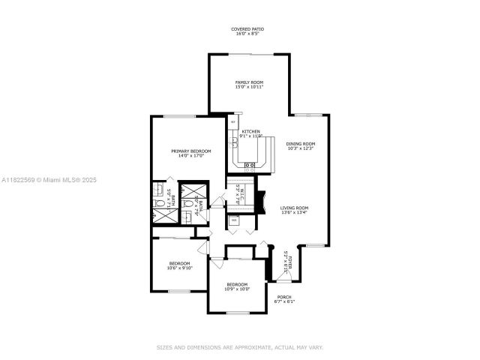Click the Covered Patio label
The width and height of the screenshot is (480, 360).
click(x=247, y=31)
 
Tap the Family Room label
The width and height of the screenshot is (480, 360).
click(x=247, y=84)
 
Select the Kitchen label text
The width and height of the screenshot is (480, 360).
click(x=250, y=133)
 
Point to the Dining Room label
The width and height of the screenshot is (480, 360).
click(x=301, y=146)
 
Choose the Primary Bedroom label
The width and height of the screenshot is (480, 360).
click(x=190, y=153)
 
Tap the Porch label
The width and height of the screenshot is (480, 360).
click(x=286, y=299)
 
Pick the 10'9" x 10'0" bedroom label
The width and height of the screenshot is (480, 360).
click(x=237, y=286)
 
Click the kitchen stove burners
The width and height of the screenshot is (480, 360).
click(x=250, y=165)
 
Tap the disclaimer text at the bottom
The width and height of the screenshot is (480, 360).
click(x=239, y=347)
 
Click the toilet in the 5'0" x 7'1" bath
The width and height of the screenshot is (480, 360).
click(x=158, y=203)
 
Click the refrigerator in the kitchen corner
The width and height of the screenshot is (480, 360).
click(x=233, y=121)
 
